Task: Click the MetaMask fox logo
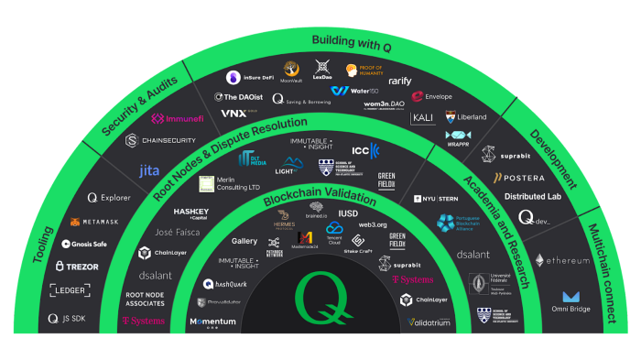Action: click(94, 222)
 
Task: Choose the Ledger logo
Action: click(71, 290)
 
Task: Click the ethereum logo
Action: click(562, 261)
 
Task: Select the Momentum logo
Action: click(212, 322)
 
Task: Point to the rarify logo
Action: click(400, 82)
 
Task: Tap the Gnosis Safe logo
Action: click(83, 245)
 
